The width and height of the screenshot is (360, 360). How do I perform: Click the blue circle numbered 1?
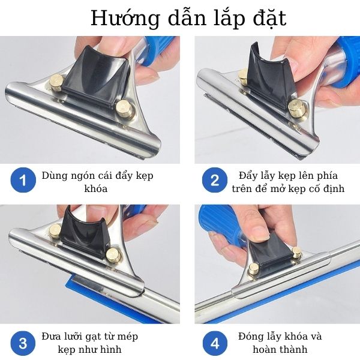tap(23, 180)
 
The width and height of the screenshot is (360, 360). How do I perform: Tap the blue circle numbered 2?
tap(214, 180)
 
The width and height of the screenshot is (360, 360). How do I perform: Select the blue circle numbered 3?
tap(23, 343)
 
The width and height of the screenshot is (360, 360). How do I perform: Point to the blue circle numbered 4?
tap(214, 343)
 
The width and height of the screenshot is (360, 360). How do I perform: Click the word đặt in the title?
tap(269, 18)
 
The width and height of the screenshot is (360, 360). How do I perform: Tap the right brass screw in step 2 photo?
tap(295, 108)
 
